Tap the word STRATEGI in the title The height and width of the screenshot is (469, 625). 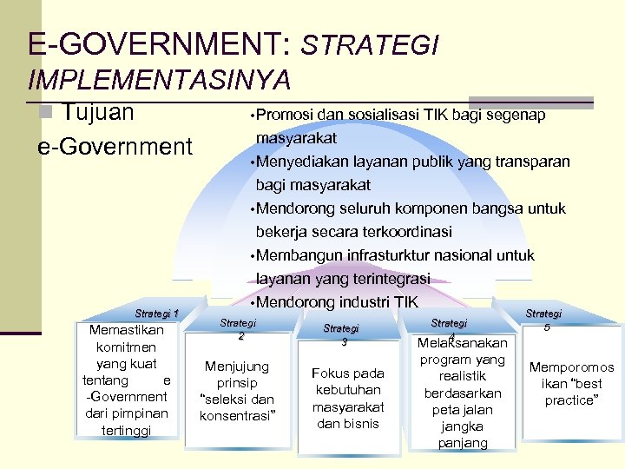point(371,45)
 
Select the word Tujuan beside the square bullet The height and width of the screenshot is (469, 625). point(98,113)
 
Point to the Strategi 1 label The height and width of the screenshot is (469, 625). point(157,314)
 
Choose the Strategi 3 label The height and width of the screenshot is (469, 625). point(341,334)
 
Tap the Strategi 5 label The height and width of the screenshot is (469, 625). point(544,320)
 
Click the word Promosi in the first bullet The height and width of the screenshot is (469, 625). point(286,115)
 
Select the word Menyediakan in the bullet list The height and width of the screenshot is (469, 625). point(302,162)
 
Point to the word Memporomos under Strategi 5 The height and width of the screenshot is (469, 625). point(571,367)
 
